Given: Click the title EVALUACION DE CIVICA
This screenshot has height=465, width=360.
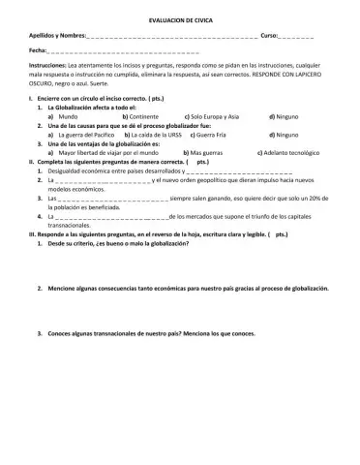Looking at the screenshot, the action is (180, 18).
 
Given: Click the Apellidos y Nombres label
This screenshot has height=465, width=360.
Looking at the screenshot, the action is (57, 35).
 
